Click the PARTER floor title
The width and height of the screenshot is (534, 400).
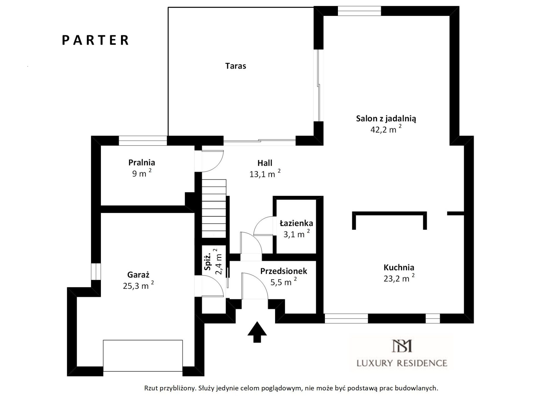coord(95,40)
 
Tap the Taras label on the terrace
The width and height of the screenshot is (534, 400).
coord(236,66)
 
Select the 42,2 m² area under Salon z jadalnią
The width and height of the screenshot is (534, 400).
coord(386,129)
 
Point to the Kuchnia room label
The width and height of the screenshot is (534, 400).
coord(399,267)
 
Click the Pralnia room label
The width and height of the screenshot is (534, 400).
coord(142,162)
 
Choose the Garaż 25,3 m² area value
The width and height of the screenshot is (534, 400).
coord(138,285)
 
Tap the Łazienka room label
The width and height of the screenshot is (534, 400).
coord(296,223)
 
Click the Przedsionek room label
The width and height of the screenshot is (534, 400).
coord(284,271)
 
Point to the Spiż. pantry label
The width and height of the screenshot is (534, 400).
coord(207,262)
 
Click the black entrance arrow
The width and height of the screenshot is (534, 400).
coord(257,332)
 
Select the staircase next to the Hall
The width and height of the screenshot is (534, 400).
coord(214,208)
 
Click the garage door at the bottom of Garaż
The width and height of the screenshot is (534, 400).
coord(143,356)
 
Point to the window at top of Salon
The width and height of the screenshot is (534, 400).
coord(359,11)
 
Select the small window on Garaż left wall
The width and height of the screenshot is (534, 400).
coord(96,271)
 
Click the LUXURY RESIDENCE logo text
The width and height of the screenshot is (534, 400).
coord(402,363)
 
